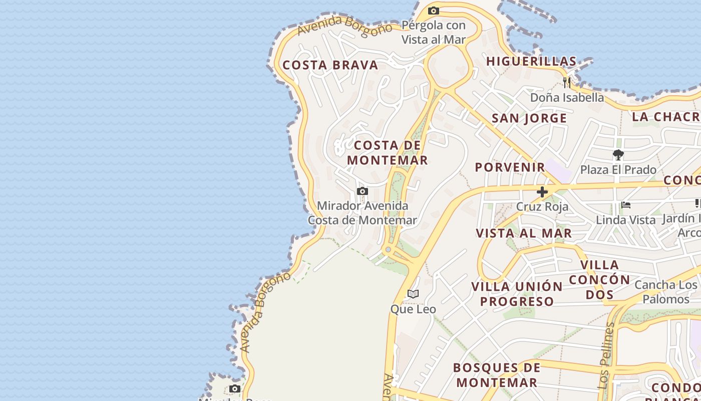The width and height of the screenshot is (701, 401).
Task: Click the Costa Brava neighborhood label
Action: tap(330, 65)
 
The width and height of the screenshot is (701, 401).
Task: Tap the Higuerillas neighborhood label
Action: tap(531, 62)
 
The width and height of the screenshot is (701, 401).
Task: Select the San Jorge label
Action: tap(529, 118)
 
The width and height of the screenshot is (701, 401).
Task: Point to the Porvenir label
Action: tap(510, 167)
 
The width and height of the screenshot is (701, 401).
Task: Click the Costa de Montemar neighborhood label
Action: tap(388, 153)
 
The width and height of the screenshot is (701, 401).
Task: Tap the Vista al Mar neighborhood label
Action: tap(524, 233)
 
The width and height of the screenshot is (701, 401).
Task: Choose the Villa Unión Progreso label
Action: tap(517, 294)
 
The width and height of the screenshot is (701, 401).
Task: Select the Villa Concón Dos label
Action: tap(599, 280)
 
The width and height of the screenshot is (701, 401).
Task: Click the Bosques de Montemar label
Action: tap(497, 375)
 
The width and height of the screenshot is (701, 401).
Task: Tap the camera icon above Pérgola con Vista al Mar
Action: tap(434, 11)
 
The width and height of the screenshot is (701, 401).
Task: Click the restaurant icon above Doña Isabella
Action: tap(567, 82)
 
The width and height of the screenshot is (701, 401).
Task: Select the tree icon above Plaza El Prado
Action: tap(618, 155)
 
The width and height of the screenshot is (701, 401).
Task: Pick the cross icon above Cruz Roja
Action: tap(542, 191)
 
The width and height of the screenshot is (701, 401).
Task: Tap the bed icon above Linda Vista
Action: tap(625, 205)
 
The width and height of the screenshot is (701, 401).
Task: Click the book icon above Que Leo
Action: tap(413, 294)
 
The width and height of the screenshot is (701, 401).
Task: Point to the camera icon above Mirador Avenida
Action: tap(362, 191)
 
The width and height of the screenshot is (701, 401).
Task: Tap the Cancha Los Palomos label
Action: tap(665, 292)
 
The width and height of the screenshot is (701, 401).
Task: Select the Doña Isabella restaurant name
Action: tap(567, 97)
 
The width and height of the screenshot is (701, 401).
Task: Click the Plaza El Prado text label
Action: tap(618, 170)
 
